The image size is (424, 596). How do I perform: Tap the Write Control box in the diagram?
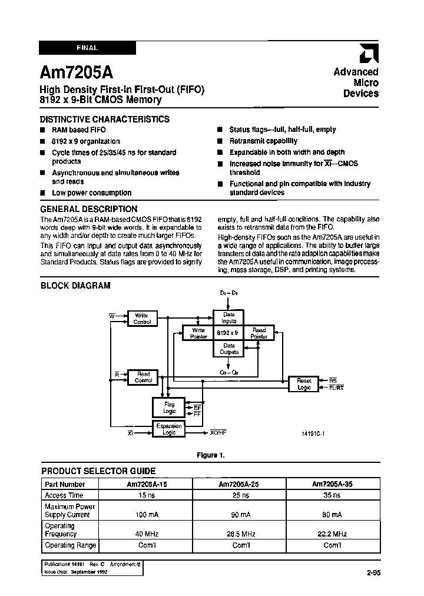(142, 319)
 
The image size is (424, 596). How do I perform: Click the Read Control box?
(143, 378)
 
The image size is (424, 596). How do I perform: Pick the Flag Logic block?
(168, 406)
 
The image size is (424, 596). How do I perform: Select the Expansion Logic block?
(168, 429)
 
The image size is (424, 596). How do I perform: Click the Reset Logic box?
(303, 384)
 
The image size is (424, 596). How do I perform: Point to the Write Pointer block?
(198, 333)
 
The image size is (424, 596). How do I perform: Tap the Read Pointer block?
(259, 333)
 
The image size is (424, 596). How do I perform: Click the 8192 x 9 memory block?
(228, 333)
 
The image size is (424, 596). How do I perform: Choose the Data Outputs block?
(228, 349)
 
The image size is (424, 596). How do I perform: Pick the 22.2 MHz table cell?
(332, 534)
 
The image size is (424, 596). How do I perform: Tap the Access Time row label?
(64, 495)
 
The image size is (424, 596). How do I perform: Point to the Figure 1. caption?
(210, 455)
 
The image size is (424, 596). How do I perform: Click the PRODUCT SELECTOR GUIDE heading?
(98, 471)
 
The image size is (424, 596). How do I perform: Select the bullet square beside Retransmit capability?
(219, 141)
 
